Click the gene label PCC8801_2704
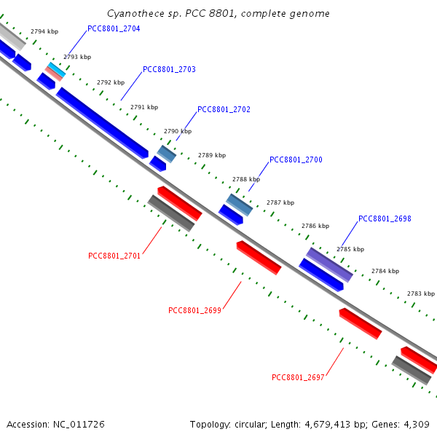click(x=114, y=29)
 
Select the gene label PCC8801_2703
click(x=169, y=70)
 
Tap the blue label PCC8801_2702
click(x=224, y=110)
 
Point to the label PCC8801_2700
click(x=296, y=160)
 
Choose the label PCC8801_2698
click(x=385, y=219)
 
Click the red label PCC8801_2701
click(x=114, y=256)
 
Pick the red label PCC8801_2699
click(x=194, y=310)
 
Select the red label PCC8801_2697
click(x=298, y=378)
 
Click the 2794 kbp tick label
click(x=44, y=32)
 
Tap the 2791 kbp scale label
click(x=144, y=107)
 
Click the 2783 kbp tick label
click(x=421, y=294)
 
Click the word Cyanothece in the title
click(x=131, y=14)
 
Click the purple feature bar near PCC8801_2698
click(x=329, y=264)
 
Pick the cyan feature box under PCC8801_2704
click(x=57, y=70)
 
